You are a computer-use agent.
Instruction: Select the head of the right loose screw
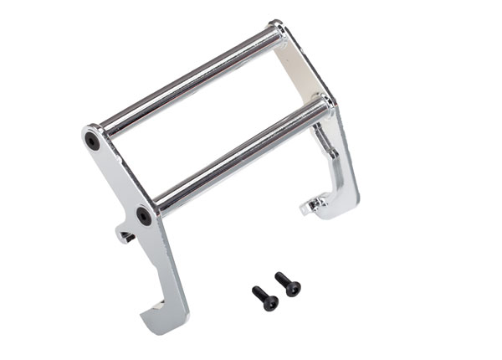click(x=279, y=277)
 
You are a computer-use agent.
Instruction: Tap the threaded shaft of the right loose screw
click(x=292, y=290)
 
